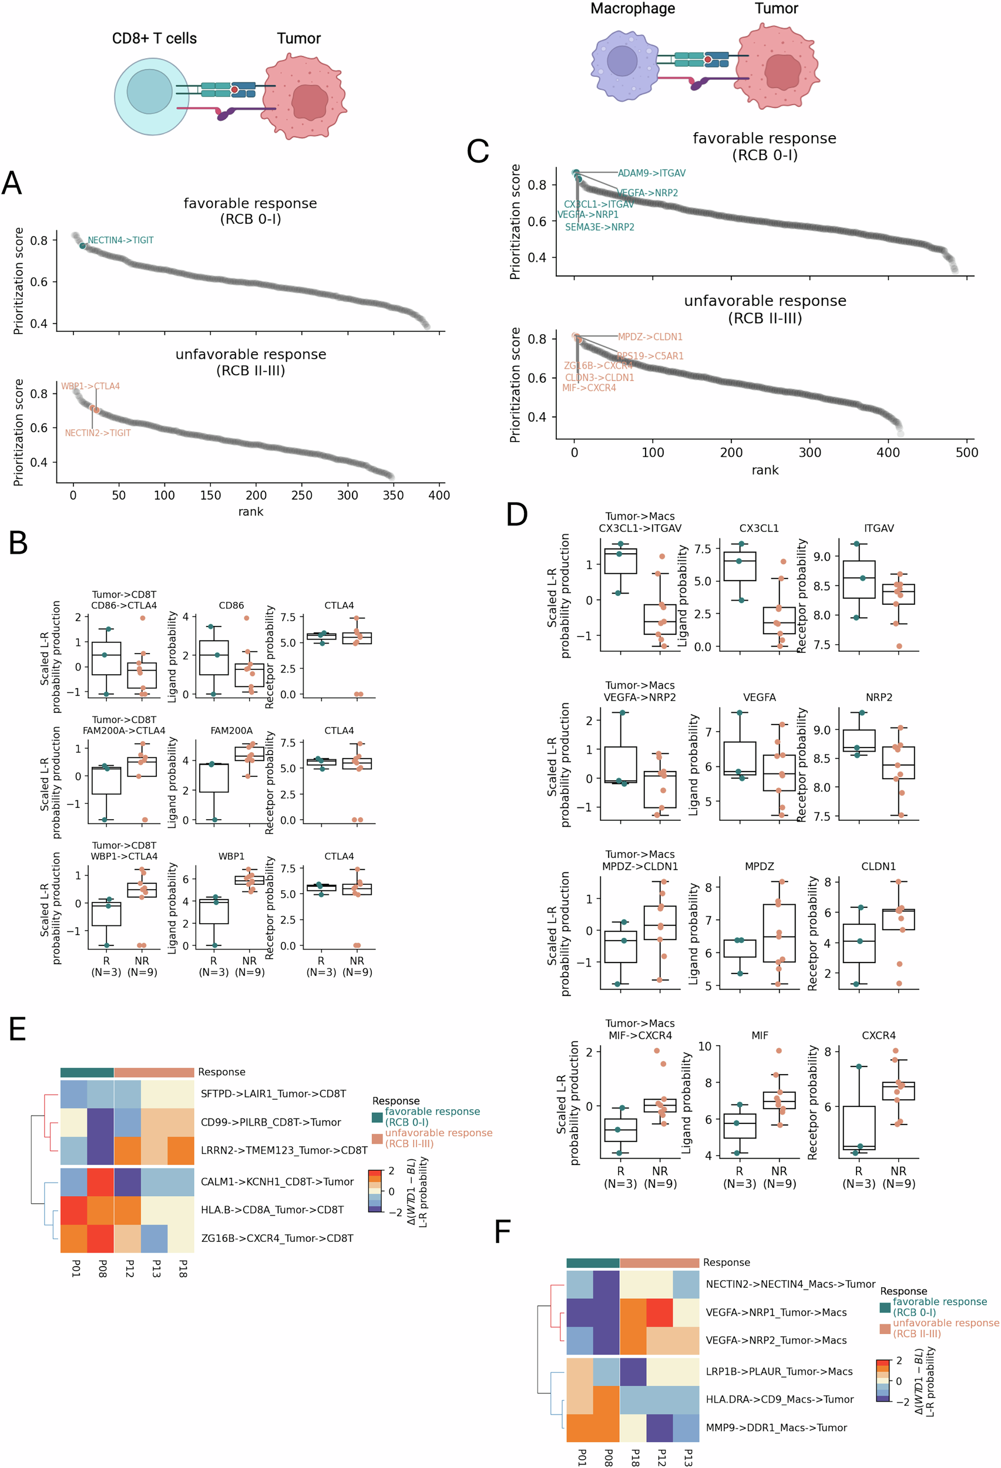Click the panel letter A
pos(12,184)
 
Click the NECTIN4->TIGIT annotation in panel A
pos(120,240)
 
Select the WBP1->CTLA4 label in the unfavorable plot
pos(90,386)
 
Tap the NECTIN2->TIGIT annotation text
pos(98,433)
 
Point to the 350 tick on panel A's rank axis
pos(392,495)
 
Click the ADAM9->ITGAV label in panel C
pos(651,173)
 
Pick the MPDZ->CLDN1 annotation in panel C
pos(650,336)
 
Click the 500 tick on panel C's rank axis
pos(966,452)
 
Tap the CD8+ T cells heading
pos(154,39)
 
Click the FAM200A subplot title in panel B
pos(231,730)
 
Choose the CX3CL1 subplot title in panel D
pos(759,528)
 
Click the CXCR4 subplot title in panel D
pos(878,1035)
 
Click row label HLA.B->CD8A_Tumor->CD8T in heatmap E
pos(272,1210)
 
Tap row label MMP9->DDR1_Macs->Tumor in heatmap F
pos(776,1427)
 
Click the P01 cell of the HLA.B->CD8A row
pos(74,1210)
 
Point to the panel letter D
pos(517,514)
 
